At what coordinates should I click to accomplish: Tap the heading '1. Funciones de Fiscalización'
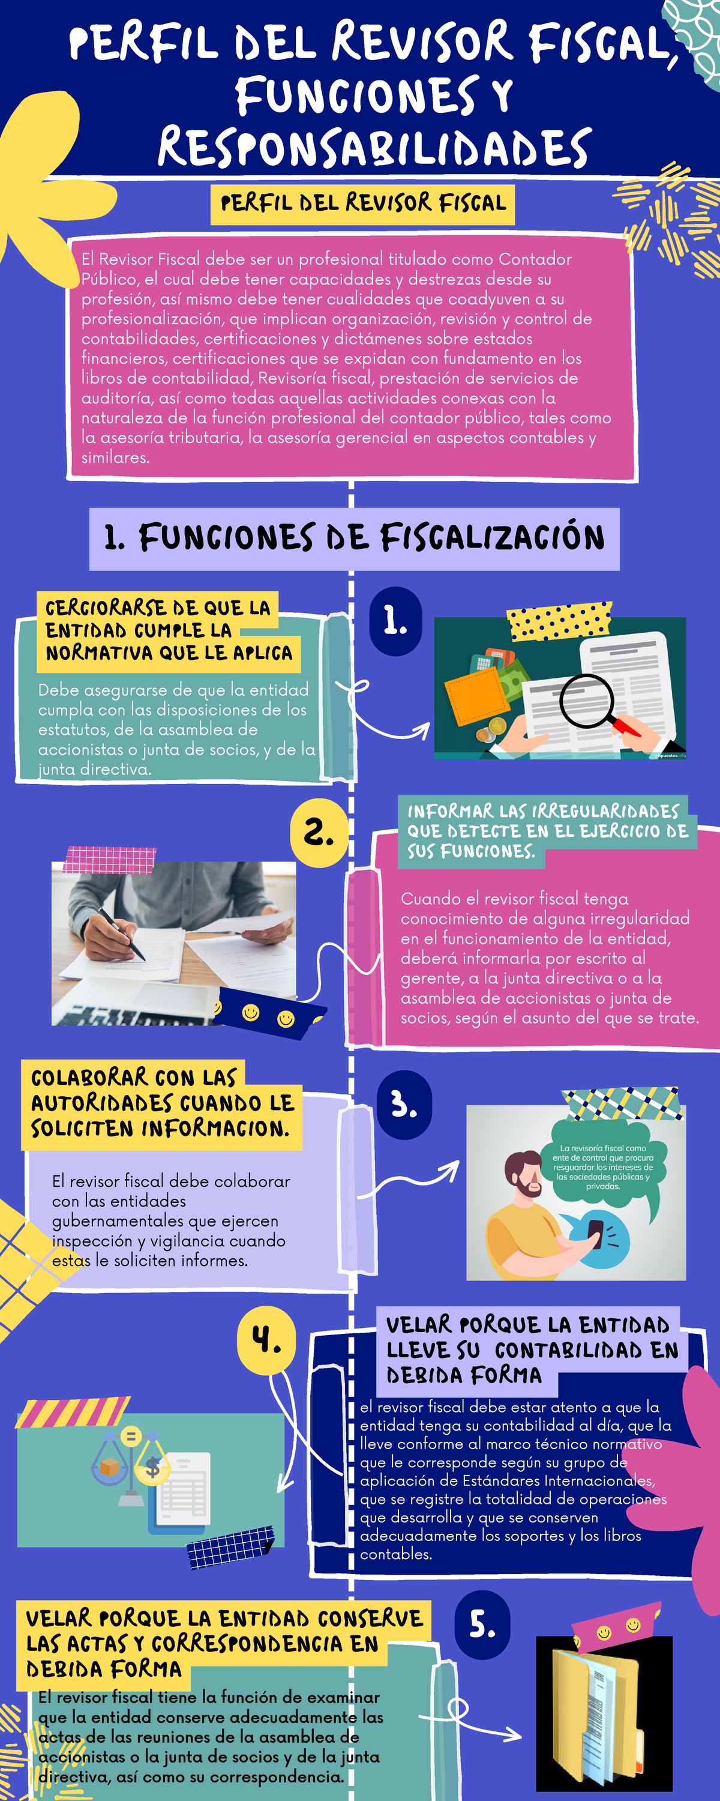(355, 538)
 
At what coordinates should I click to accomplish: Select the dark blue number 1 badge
(395, 621)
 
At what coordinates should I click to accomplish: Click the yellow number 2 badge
(319, 833)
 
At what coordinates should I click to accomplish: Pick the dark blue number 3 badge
(404, 1105)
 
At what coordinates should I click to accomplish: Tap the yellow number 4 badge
(266, 1341)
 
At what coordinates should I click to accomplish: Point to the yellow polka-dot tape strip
(560, 621)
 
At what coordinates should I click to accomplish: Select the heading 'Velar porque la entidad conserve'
(224, 1643)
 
